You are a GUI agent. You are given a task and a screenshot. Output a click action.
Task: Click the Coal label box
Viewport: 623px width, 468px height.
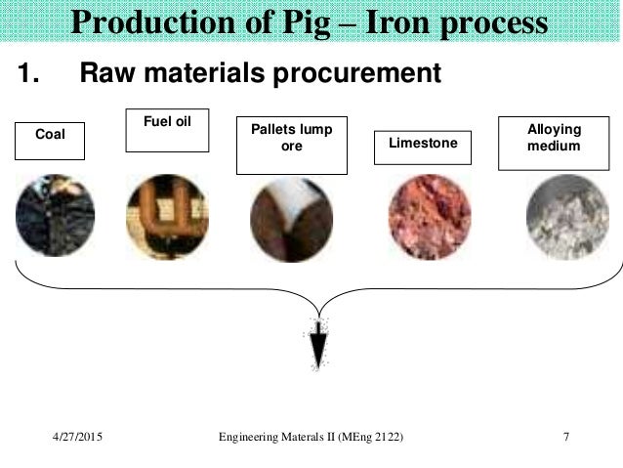pyautogui.click(x=50, y=141)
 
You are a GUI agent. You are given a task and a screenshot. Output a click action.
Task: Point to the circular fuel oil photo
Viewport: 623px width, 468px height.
pyautogui.click(x=167, y=218)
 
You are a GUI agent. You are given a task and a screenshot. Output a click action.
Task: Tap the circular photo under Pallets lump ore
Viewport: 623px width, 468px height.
pyautogui.click(x=291, y=218)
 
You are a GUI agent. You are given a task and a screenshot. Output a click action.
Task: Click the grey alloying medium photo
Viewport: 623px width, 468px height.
pyautogui.click(x=566, y=217)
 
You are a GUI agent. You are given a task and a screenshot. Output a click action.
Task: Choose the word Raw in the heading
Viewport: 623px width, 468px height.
pyautogui.click(x=104, y=74)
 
